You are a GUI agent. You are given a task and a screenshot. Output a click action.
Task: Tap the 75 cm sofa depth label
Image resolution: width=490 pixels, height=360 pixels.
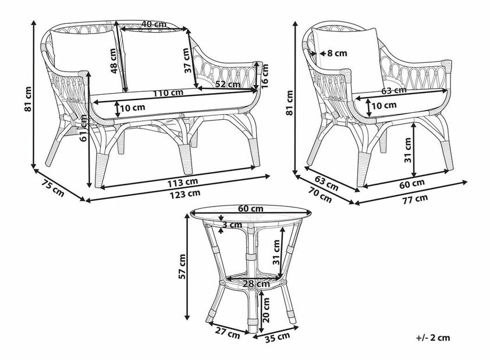point(54,188)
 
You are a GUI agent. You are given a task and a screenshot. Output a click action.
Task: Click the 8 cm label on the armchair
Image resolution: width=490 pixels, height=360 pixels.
point(337,53)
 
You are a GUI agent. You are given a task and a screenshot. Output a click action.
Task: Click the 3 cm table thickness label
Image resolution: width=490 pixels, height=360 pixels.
point(232,225)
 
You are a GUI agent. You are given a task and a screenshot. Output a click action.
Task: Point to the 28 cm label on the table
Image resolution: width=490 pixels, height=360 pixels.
point(254,284)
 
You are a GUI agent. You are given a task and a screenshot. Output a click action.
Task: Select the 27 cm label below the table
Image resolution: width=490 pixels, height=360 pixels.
point(228,334)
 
